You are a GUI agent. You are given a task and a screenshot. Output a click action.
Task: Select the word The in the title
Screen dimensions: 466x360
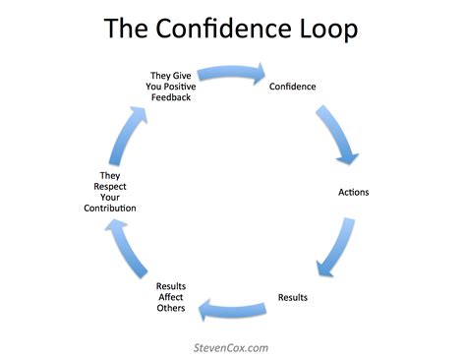(130, 29)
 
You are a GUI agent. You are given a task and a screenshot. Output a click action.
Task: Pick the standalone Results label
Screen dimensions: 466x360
(294, 296)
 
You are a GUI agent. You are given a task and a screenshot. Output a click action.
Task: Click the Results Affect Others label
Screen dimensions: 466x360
(170, 298)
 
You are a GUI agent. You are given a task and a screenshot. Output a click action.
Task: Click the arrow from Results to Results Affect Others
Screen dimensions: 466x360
(232, 311)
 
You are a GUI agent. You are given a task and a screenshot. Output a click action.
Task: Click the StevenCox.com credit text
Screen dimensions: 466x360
(232, 346)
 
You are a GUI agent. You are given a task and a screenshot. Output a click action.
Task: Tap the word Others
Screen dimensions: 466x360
(170, 310)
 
